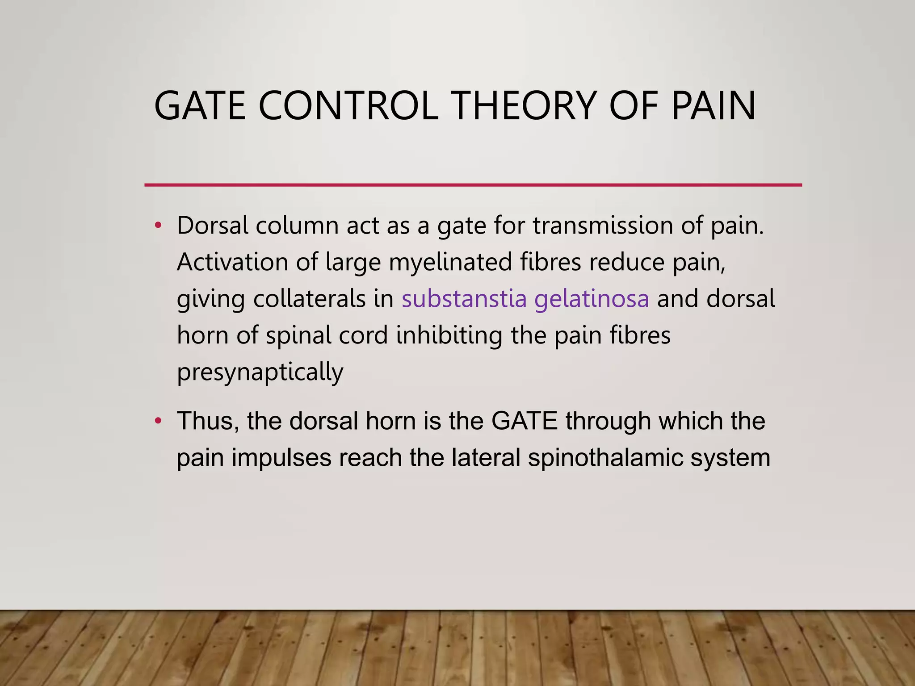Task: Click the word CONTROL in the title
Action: pos(348,106)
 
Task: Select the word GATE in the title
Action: pos(200,106)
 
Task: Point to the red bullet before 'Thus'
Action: pos(157,421)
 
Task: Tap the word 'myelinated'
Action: pos(450,262)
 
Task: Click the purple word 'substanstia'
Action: pos(464,298)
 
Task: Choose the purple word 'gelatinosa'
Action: pos(592,299)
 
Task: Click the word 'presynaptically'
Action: pos(260,372)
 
